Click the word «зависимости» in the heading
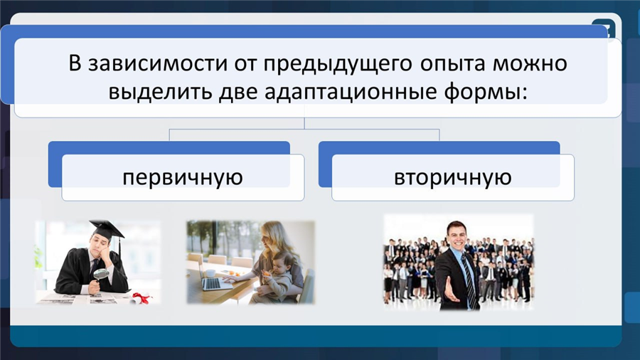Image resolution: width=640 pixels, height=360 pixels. point(158,63)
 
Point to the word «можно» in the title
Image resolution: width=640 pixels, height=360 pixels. point(530,63)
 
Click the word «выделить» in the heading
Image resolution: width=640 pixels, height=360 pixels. point(161,92)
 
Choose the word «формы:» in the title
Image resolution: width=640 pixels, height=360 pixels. point(486,92)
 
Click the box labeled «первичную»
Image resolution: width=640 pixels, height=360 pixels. point(183,178)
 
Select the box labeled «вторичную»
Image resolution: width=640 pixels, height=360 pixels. point(453,178)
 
